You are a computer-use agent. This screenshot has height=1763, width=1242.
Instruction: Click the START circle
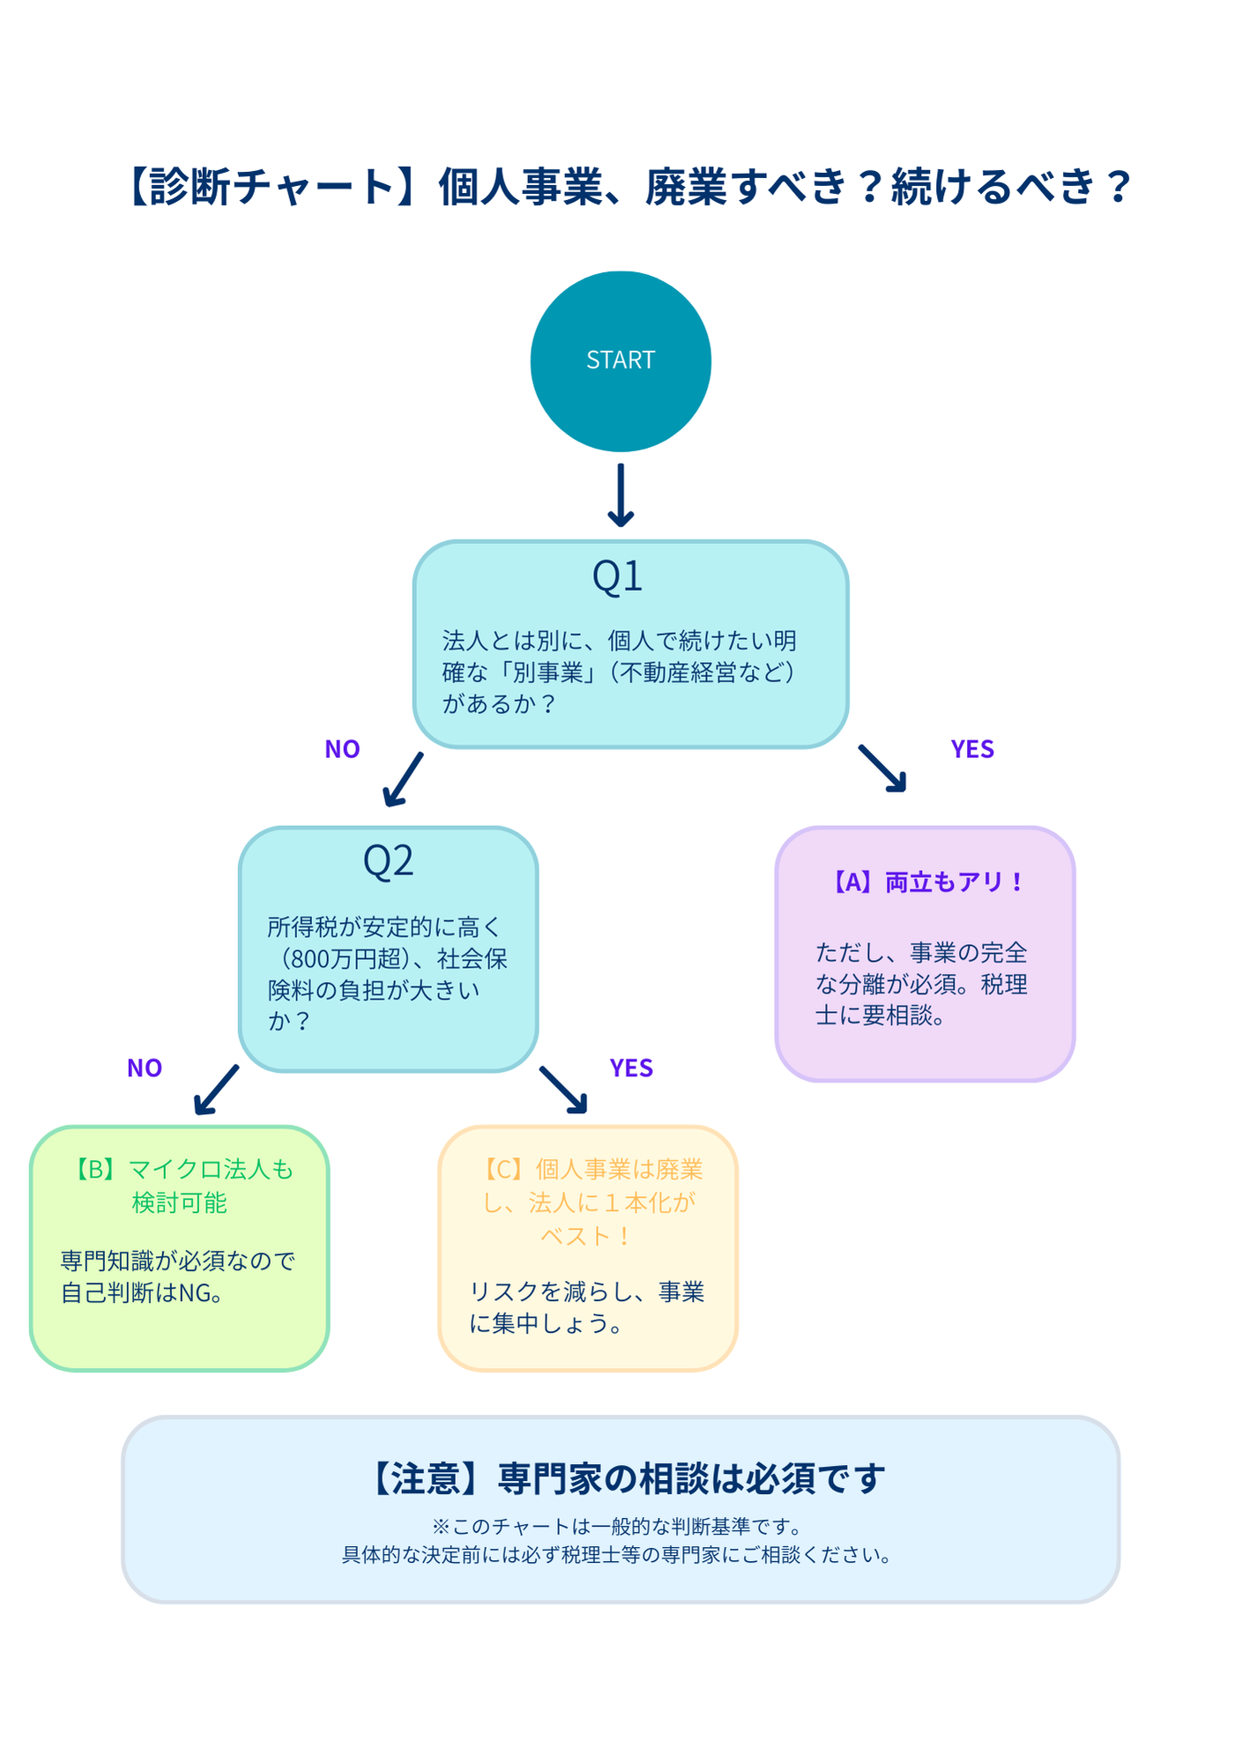tap(621, 361)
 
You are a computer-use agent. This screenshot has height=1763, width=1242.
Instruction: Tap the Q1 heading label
tap(617, 577)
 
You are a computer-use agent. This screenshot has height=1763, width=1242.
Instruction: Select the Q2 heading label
tap(388, 861)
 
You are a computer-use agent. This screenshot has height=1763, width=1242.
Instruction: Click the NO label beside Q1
tap(342, 749)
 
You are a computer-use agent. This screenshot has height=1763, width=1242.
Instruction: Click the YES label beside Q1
tap(971, 749)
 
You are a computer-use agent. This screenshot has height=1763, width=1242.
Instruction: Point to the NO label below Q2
tap(145, 1068)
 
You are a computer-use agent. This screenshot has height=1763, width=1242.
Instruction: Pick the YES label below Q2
tap(631, 1068)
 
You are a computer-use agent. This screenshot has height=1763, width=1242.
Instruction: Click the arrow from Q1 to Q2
tap(403, 780)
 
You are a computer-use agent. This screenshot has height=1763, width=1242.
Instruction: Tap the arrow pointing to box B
tap(216, 1090)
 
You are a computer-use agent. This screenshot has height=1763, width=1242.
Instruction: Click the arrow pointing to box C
tap(564, 1090)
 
